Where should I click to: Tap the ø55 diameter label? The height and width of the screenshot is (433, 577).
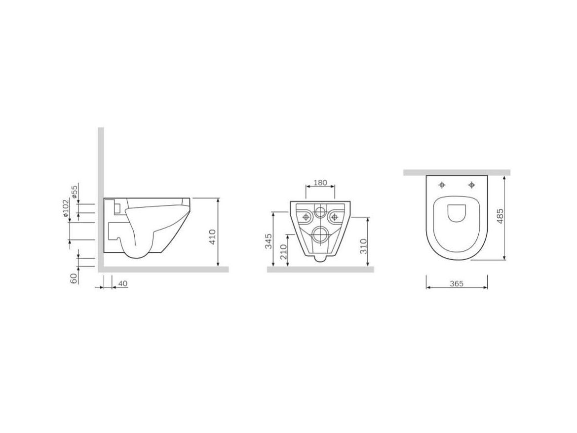[x=75, y=192]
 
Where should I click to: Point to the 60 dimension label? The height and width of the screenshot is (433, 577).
[x=74, y=278]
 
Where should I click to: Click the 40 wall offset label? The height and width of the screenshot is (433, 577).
[x=122, y=284]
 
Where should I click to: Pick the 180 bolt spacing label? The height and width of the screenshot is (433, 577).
[x=320, y=183]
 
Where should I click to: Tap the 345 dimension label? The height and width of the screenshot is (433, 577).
[x=269, y=241]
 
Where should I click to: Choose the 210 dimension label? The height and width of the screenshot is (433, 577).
[x=284, y=252]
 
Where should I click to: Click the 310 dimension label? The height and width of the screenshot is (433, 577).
[x=364, y=246]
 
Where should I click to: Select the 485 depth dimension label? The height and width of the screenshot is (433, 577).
[x=500, y=216]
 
